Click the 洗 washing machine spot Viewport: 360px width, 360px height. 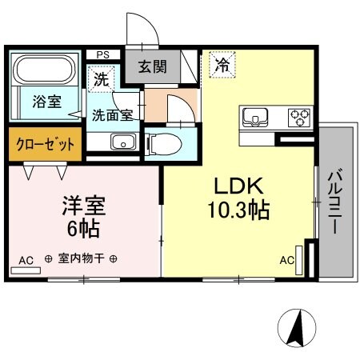100,79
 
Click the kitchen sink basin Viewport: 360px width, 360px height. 256,118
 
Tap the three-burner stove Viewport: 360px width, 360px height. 299,118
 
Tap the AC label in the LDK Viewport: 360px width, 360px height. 286,260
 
